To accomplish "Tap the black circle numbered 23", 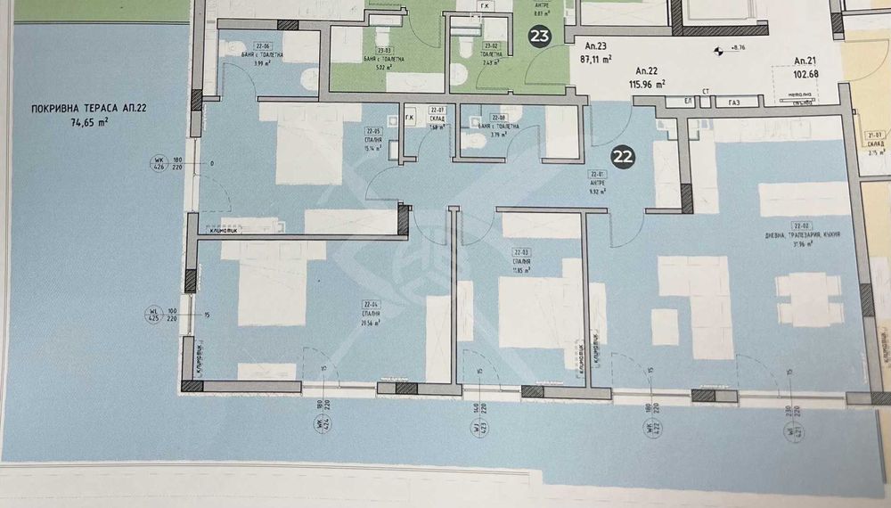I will click(540, 37).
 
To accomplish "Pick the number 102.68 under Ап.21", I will click(812, 74).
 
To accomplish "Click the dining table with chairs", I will click(808, 294).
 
